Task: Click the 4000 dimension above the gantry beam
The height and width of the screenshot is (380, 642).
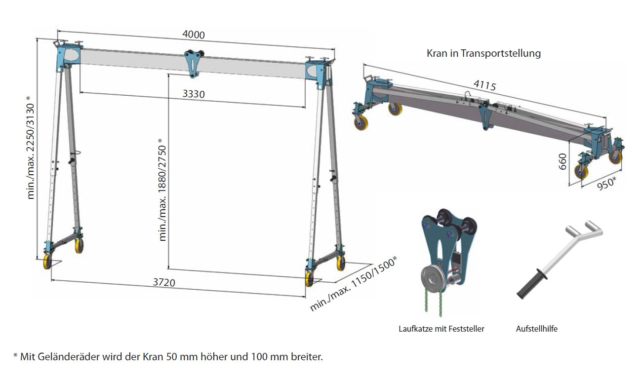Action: [193, 35]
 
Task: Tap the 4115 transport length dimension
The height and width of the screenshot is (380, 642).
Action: [484, 86]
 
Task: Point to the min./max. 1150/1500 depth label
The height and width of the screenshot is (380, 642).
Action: [354, 284]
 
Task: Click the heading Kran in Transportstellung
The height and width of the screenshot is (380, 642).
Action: [483, 53]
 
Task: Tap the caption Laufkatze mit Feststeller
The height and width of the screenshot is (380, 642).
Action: [441, 329]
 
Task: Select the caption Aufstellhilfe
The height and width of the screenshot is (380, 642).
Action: [537, 329]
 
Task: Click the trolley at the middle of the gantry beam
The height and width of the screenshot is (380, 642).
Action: [192, 61]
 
